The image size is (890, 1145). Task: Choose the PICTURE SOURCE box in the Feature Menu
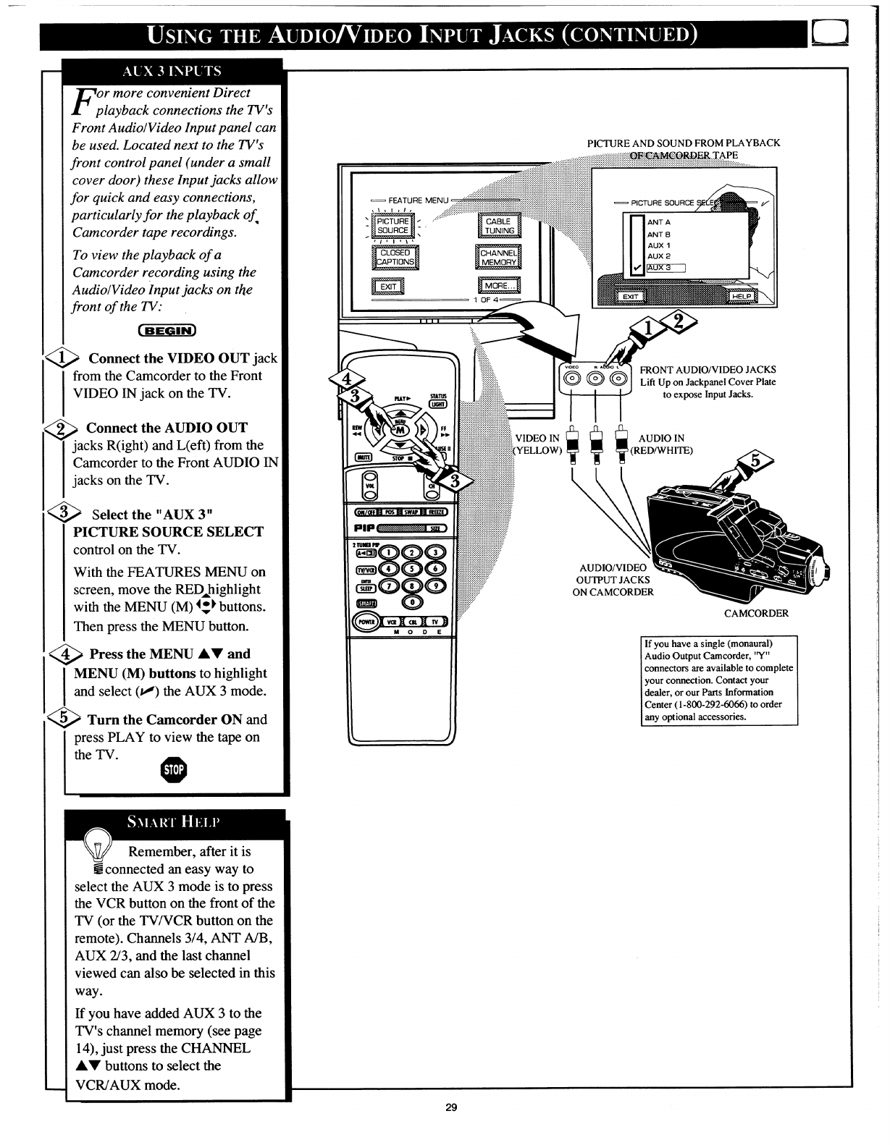392,226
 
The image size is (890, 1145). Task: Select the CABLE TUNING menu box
499,226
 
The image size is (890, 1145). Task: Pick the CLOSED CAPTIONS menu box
395,257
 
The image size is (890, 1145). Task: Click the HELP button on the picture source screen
742,296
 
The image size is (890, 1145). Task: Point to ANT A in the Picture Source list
658,222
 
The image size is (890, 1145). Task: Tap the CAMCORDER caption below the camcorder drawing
756,614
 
